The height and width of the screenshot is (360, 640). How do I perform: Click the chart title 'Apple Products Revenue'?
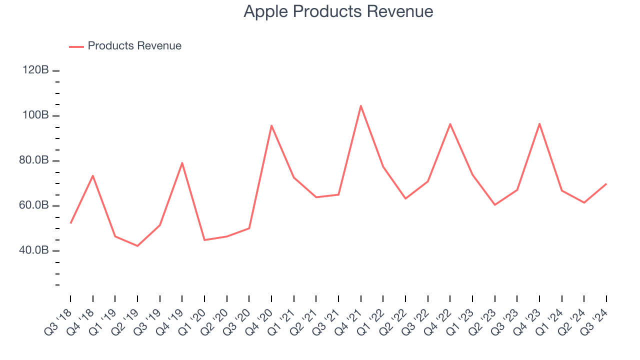coord(338,11)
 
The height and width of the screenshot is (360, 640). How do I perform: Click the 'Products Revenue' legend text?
coord(134,46)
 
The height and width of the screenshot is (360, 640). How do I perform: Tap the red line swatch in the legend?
coord(76,46)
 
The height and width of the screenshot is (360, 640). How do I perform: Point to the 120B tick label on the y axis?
coord(35,70)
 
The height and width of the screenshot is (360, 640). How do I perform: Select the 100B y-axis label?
coord(35,115)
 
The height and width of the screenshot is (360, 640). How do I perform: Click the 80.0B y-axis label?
coord(34,160)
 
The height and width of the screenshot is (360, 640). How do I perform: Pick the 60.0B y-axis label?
coord(34,205)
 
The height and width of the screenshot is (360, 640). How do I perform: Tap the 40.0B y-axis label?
coord(34,250)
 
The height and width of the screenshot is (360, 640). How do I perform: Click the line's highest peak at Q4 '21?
coord(360,105)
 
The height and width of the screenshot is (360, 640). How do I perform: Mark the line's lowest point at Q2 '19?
coord(137,246)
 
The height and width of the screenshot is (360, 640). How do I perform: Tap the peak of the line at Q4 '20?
coord(271,125)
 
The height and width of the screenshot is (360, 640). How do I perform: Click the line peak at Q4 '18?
coord(92,175)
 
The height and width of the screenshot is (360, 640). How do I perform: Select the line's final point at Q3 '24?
coord(606,184)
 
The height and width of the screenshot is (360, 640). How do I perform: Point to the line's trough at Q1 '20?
coord(204,240)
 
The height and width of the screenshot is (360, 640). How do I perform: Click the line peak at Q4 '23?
coord(539,123)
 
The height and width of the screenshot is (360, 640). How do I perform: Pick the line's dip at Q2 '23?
coord(494,205)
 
